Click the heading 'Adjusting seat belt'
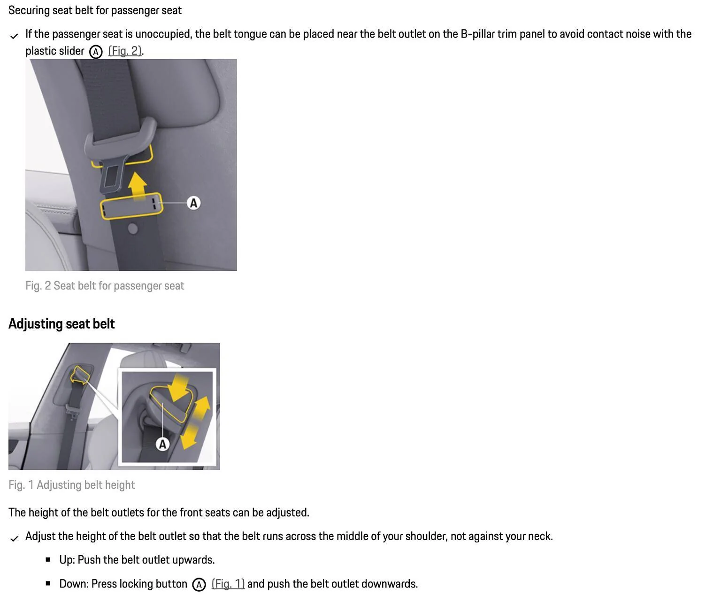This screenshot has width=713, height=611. tap(61, 324)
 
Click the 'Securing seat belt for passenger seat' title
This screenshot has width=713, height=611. tap(95, 10)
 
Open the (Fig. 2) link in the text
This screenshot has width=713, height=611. tap(125, 51)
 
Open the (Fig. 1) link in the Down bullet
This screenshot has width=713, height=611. tap(228, 584)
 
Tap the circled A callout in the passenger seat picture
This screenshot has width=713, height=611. tap(193, 203)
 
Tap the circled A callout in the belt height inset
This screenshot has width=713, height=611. tap(162, 444)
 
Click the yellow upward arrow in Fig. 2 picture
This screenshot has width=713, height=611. tap(138, 186)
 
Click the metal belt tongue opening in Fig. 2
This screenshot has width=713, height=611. tap(112, 176)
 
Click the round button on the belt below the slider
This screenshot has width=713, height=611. tap(133, 229)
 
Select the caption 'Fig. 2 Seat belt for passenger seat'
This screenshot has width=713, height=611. tap(105, 286)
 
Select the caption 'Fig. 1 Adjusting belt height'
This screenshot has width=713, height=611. tap(71, 485)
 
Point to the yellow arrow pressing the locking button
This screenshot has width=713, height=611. tap(179, 386)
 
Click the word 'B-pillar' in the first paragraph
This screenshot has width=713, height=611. tap(479, 34)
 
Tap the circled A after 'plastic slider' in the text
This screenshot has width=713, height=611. tap(96, 52)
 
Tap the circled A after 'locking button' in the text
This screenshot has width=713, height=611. tap(199, 585)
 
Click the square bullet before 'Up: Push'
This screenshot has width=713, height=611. tap(48, 560)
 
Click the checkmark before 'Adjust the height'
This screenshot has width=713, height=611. tap(14, 538)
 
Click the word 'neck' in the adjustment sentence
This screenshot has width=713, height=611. tap(539, 536)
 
